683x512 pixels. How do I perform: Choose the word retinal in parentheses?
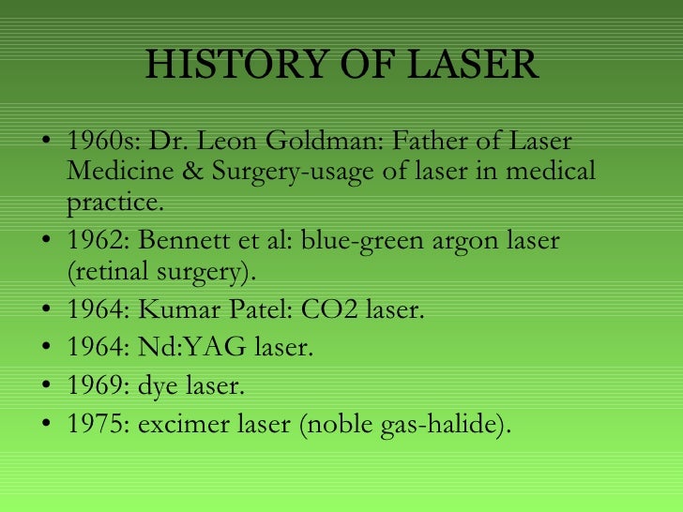tap(110, 271)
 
